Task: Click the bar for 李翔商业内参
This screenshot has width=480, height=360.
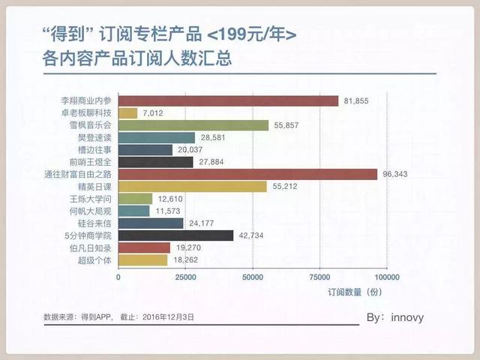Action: pyautogui.click(x=229, y=100)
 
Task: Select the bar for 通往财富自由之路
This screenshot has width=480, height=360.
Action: pyautogui.click(x=247, y=174)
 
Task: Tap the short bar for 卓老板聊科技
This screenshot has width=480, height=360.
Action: pyautogui.click(x=128, y=112)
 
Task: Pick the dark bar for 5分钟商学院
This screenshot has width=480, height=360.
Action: pyautogui.click(x=176, y=235)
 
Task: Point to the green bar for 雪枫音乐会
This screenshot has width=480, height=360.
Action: pyautogui.click(x=193, y=125)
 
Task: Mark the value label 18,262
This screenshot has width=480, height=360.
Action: pyautogui.click(x=187, y=260)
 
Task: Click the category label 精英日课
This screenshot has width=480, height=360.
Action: pyautogui.click(x=94, y=187)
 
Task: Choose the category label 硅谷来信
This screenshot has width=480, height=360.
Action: pyautogui.click(x=94, y=223)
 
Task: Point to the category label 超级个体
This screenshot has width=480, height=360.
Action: pyautogui.click(x=94, y=260)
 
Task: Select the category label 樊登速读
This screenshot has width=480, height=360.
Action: pyautogui.click(x=94, y=138)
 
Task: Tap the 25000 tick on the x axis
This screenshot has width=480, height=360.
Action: pyautogui.click(x=186, y=276)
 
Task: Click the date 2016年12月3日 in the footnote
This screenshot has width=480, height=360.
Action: pyautogui.click(x=167, y=317)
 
